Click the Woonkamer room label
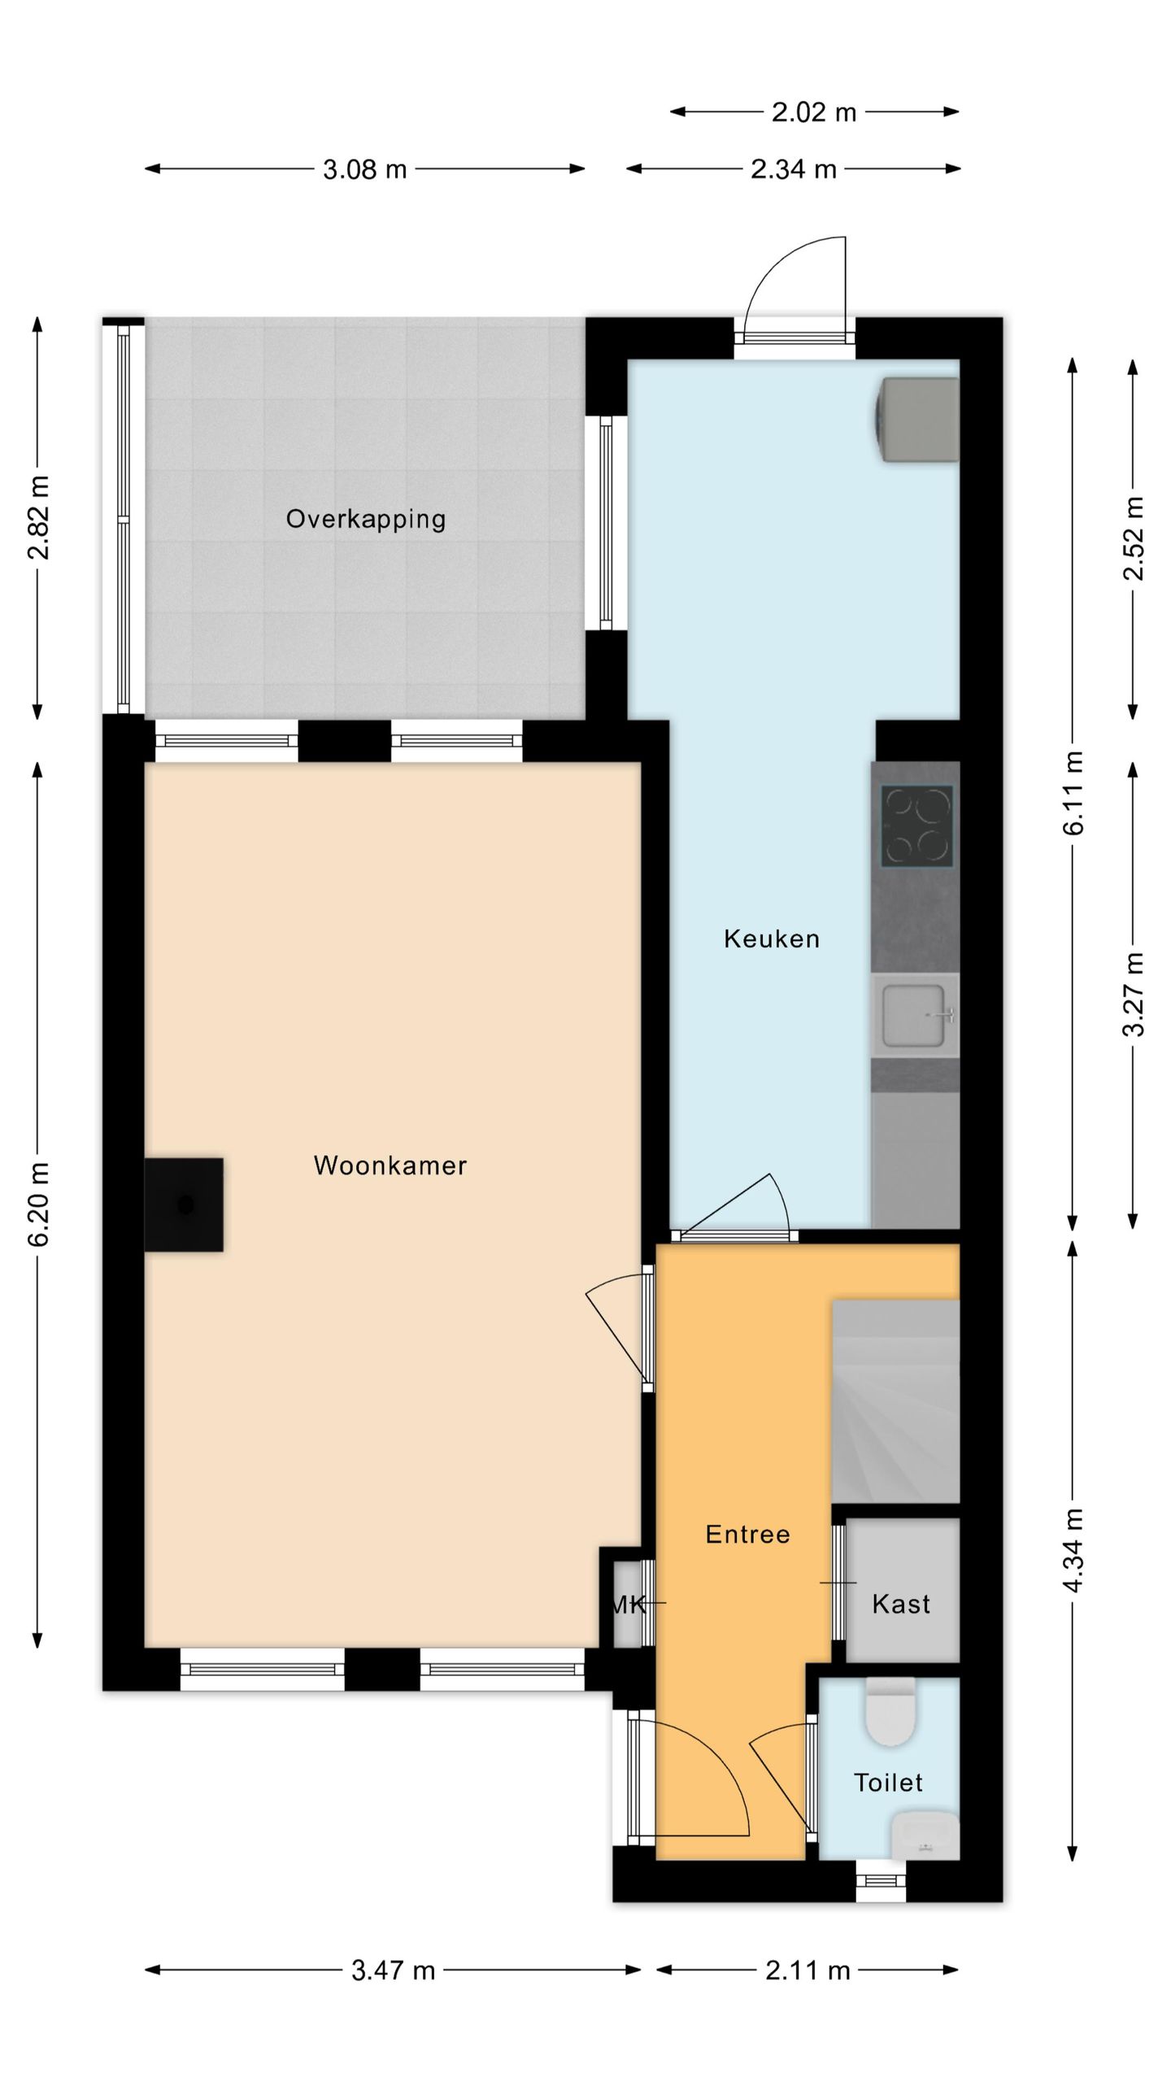coord(390,1165)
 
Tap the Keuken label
coord(772,939)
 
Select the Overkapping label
coord(366,519)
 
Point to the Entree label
coord(748,1534)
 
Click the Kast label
coord(901,1604)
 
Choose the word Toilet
coord(888,1783)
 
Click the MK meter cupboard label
coord(628,1605)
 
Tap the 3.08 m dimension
coord(365,169)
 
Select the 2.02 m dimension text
coord(814,112)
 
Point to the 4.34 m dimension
coord(1073,1550)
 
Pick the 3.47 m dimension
coord(394,1970)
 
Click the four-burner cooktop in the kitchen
coord(916,825)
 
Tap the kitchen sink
coord(916,1015)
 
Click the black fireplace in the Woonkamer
coord(184,1204)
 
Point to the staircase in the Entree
coord(895,1400)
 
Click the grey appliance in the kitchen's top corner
coord(917,419)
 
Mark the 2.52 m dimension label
coord(1134,538)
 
